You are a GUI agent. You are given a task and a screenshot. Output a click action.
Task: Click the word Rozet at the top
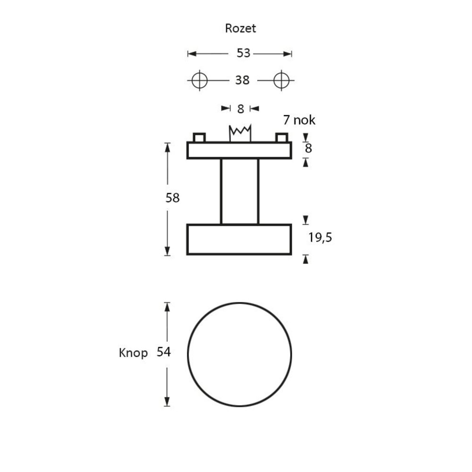240,28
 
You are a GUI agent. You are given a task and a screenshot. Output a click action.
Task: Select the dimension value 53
243,53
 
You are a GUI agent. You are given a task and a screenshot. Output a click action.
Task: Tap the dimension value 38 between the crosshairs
242,81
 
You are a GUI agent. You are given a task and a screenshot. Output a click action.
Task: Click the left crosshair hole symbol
200,80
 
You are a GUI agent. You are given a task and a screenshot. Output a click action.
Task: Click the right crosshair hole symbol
281,80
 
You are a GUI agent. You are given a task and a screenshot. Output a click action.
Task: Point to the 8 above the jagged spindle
240,109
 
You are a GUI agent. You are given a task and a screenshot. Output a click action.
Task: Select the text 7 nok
299,120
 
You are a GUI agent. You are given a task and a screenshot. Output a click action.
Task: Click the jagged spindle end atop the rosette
240,133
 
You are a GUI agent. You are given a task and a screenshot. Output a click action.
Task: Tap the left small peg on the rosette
199,138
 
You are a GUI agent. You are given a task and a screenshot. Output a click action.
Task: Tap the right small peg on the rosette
281,138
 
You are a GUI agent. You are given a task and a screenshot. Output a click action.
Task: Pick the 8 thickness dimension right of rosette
308,148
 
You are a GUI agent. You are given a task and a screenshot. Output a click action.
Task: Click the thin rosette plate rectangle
239,150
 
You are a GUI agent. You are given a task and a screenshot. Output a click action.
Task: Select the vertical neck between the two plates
240,191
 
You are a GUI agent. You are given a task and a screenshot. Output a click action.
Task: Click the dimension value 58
173,198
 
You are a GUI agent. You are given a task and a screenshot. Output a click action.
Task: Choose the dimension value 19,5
320,237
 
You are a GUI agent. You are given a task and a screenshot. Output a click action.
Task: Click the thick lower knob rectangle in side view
239,240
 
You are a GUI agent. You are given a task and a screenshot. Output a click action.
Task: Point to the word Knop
134,353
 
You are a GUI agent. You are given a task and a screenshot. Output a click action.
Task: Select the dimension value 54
163,352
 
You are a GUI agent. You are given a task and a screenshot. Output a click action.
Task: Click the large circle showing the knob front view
240,354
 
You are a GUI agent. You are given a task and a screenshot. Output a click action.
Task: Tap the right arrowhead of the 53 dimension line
288,54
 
